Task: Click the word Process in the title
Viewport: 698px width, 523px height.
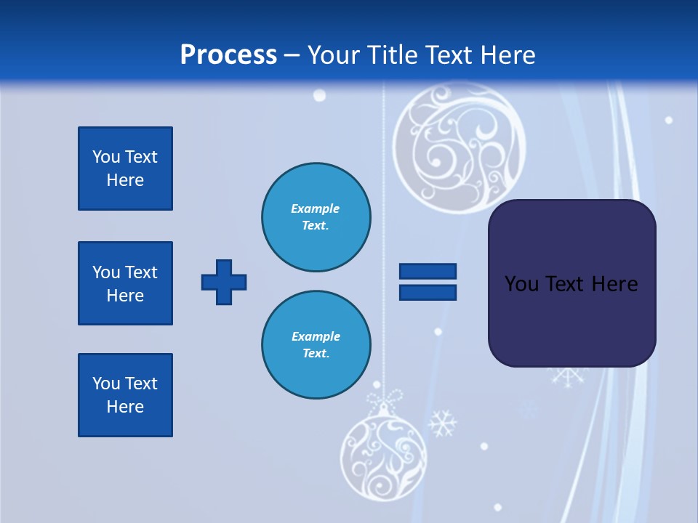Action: (x=228, y=55)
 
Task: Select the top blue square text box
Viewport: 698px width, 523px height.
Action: (x=125, y=169)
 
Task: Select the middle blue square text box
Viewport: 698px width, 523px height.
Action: (x=125, y=283)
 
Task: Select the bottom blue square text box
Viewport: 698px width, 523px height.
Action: (x=125, y=395)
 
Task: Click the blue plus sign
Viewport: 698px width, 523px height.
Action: (x=224, y=282)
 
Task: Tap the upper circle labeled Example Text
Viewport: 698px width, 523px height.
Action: (x=316, y=217)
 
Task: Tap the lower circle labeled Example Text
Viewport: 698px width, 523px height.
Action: (x=316, y=345)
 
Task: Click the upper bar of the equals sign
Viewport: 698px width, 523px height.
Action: (x=428, y=272)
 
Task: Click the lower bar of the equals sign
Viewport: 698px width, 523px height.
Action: (x=428, y=292)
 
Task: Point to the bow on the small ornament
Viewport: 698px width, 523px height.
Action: (x=384, y=399)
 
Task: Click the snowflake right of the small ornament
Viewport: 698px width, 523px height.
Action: (x=441, y=423)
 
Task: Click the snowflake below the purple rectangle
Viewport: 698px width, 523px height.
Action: (x=568, y=376)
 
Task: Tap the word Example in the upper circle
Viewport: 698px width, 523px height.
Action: (x=316, y=208)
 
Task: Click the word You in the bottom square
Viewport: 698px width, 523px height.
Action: (x=106, y=384)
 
